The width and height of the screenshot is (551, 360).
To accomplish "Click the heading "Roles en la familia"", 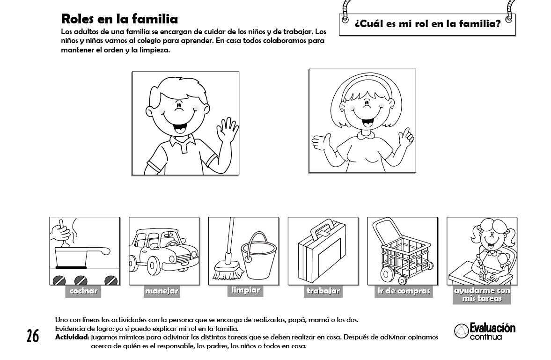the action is (119, 19).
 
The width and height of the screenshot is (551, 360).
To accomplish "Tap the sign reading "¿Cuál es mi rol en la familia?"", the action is (427, 24).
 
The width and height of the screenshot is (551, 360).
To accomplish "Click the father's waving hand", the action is (227, 130).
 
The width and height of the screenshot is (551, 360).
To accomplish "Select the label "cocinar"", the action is (83, 291).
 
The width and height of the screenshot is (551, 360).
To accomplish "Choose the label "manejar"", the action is (162, 291).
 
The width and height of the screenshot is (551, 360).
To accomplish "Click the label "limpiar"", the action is (245, 290).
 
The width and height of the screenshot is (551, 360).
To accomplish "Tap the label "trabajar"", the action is (323, 291).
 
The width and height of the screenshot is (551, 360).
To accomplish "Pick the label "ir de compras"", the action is (404, 291).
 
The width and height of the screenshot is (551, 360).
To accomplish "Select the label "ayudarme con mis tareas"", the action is (482, 294).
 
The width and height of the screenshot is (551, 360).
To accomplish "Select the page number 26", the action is (33, 336).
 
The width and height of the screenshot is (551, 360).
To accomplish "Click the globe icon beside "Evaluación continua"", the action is (461, 331).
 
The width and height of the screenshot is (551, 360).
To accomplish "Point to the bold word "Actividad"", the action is (71, 338).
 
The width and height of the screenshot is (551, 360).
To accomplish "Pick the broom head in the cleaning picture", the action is (228, 269).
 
